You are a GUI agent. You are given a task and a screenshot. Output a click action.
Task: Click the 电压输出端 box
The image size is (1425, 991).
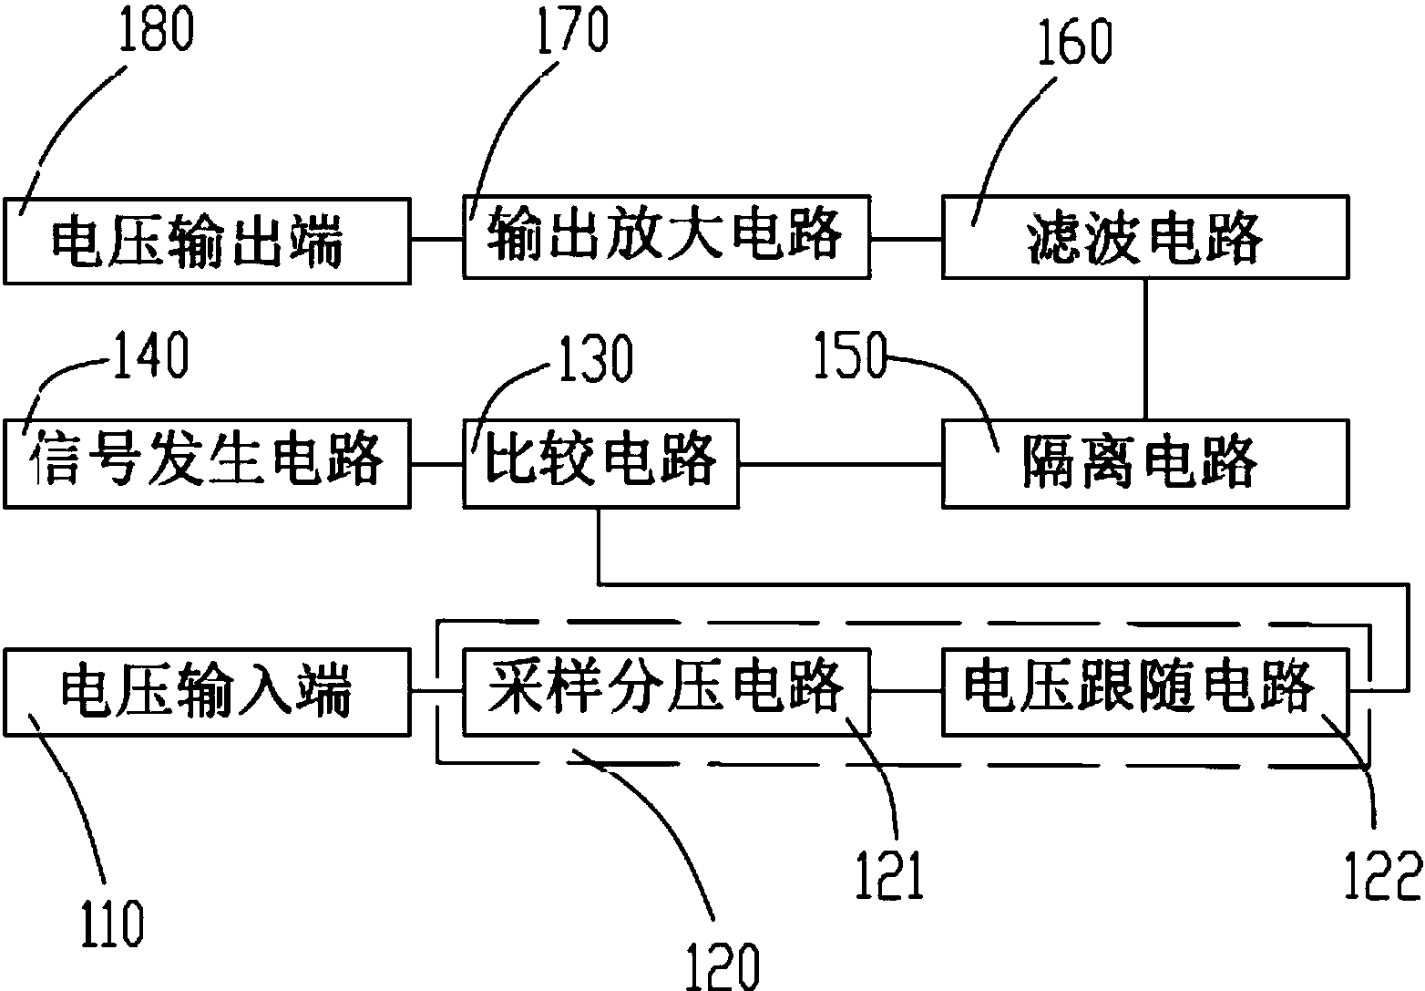click(x=207, y=241)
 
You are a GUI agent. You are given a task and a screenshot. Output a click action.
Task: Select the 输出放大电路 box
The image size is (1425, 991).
click(x=666, y=237)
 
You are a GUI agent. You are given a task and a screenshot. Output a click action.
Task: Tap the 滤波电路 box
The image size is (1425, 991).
click(x=1144, y=237)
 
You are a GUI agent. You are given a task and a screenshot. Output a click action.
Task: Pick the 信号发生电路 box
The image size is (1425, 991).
click(x=207, y=463)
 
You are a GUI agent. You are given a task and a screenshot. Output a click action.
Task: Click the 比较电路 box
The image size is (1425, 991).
click(x=600, y=463)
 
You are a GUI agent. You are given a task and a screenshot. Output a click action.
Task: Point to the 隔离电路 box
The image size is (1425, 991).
click(x=1144, y=463)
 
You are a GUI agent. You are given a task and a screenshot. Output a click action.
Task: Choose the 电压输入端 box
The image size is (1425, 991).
click(x=207, y=692)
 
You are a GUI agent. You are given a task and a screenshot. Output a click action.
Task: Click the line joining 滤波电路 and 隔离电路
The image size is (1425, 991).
click(x=1145, y=348)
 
